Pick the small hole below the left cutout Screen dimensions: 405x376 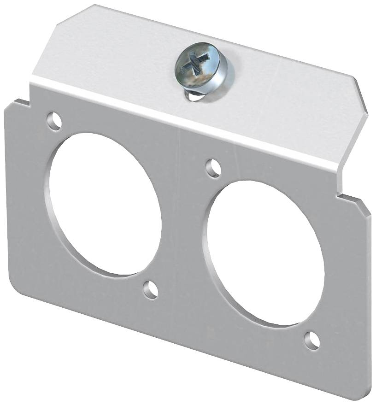150,290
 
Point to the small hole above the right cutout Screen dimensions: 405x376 212,168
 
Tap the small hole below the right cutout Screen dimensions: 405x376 312,340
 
